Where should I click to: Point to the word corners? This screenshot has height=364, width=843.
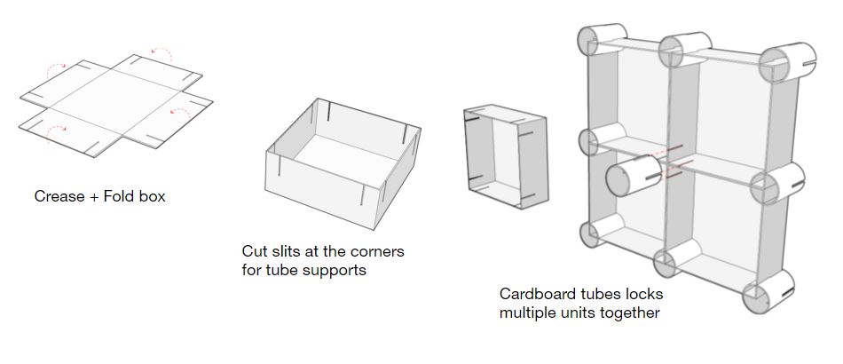pyautogui.click(x=377, y=251)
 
